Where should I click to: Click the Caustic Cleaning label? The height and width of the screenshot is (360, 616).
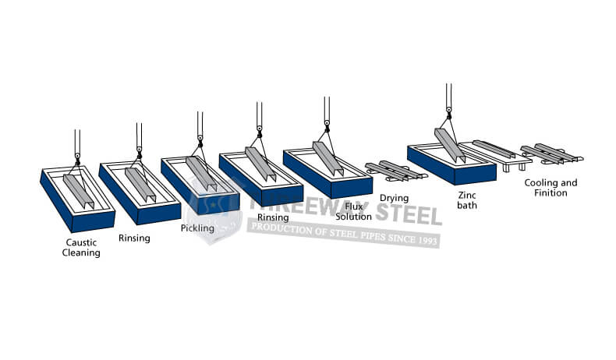tap(81, 247)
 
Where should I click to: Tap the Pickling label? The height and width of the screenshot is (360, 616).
tap(197, 228)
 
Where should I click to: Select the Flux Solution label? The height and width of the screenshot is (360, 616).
tap(353, 212)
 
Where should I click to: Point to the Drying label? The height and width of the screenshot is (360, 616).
tap(394, 198)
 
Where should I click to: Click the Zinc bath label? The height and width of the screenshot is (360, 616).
tap(467, 199)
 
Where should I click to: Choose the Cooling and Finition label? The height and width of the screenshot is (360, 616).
tap(551, 188)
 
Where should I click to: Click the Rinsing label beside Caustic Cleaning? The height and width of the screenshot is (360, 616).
tap(134, 238)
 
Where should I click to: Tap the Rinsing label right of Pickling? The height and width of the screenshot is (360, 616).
tap(273, 217)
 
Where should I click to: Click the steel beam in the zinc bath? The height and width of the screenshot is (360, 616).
tap(450, 145)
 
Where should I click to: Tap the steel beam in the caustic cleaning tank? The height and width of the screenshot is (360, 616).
tap(79, 191)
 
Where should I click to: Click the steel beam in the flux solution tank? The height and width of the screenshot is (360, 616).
tap(328, 158)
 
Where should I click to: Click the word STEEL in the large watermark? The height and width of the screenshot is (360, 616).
tap(409, 214)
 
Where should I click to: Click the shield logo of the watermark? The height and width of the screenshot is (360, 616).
tap(213, 212)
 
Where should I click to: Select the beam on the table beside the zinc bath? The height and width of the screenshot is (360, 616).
tap(494, 149)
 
